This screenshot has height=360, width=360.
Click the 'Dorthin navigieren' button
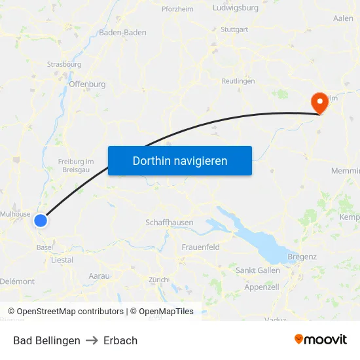pyautogui.click(x=180, y=160)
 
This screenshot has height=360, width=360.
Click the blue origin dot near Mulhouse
pyautogui.click(x=41, y=221)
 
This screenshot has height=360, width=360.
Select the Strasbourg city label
pyautogui.click(x=64, y=65)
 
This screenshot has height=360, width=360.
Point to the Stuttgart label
pyautogui.click(x=234, y=30)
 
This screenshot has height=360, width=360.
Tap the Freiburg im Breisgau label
pyautogui.click(x=76, y=166)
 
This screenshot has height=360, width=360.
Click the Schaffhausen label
pyautogui.click(x=170, y=223)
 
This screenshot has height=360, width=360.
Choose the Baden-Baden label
pyautogui.click(x=122, y=32)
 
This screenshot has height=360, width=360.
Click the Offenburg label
pyautogui.click(x=87, y=84)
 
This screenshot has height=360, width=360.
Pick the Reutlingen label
pyautogui.click(x=238, y=81)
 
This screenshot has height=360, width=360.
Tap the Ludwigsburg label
pyautogui.click(x=236, y=9)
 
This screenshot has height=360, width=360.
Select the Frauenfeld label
pyautogui.click(x=200, y=247)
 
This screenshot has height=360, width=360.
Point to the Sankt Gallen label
pyautogui.click(x=257, y=270)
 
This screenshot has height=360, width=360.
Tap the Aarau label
pyautogui.click(x=99, y=276)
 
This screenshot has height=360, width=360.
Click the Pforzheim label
pyautogui.click(x=177, y=9)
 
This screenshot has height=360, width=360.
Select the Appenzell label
pyautogui.click(x=262, y=287)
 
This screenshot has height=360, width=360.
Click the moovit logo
pyautogui.click(x=320, y=340)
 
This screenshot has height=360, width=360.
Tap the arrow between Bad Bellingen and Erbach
pyautogui.click(x=92, y=340)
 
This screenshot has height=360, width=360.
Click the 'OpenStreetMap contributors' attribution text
pyautogui.click(x=70, y=312)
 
